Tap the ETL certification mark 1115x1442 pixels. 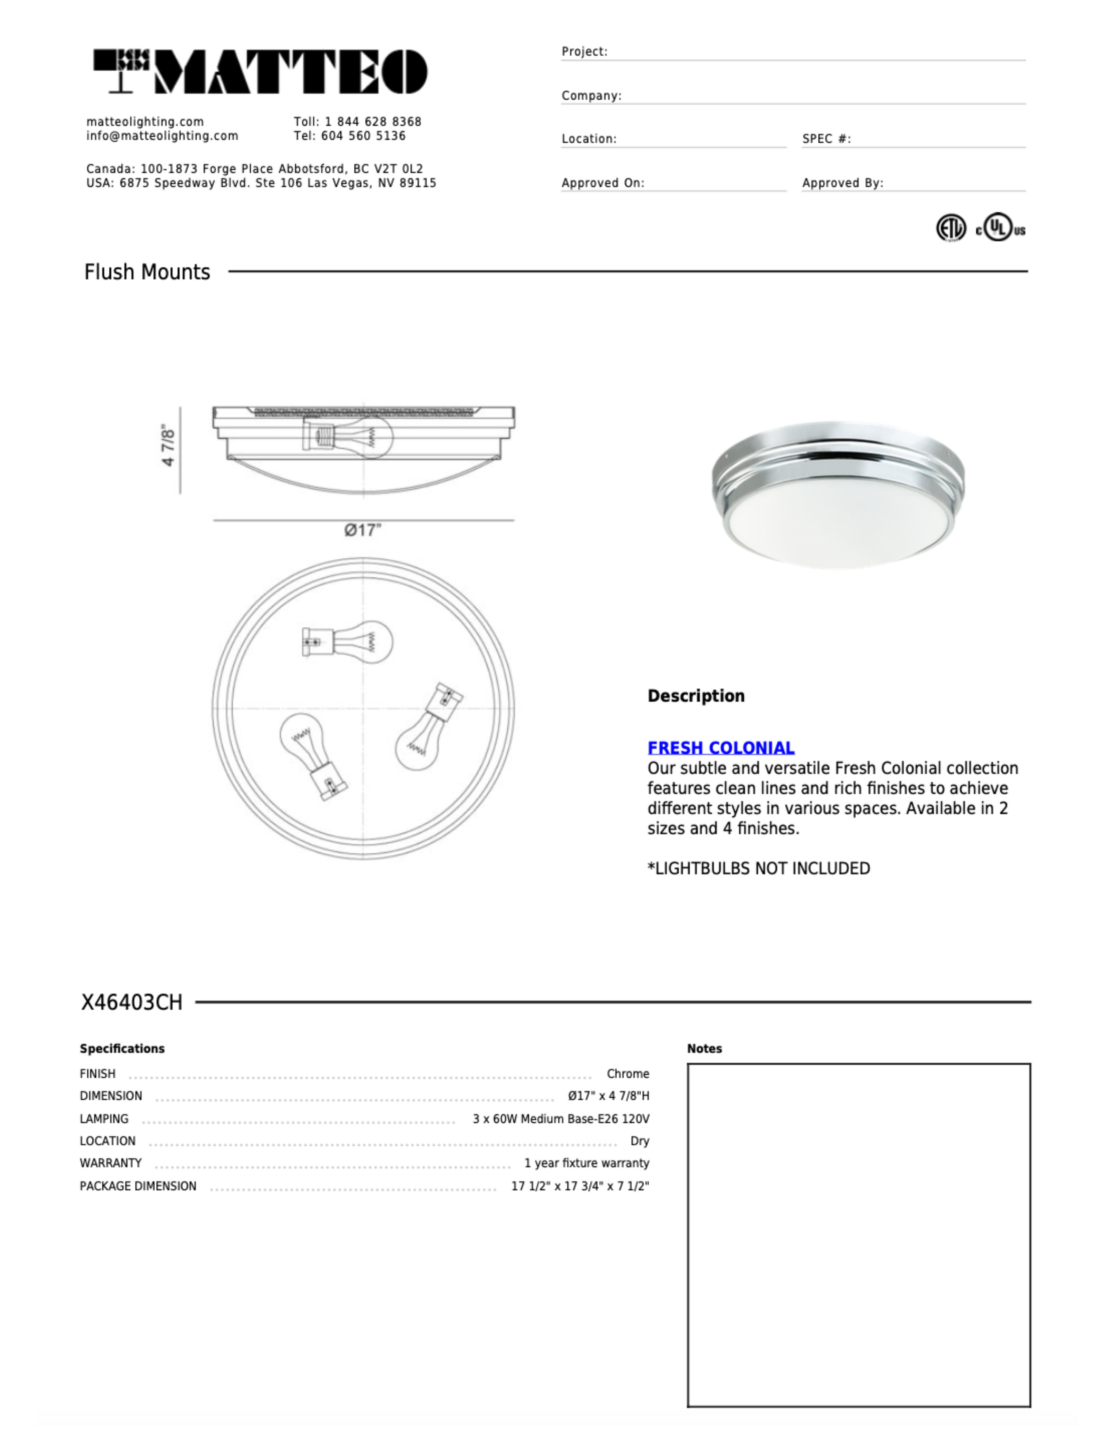[x=951, y=228]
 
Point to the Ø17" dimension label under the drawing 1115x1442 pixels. [x=363, y=530]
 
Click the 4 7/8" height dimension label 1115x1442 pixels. [x=169, y=446]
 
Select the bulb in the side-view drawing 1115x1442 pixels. [x=348, y=436]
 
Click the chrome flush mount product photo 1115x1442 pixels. [x=838, y=495]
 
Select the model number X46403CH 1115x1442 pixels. [x=132, y=1002]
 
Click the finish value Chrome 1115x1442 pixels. [x=628, y=1074]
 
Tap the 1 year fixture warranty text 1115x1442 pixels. [x=587, y=1163]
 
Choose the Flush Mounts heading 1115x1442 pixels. [x=147, y=272]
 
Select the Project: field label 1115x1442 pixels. [x=584, y=52]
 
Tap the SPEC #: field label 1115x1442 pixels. [x=826, y=139]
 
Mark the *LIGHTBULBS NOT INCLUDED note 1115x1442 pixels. [x=758, y=868]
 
